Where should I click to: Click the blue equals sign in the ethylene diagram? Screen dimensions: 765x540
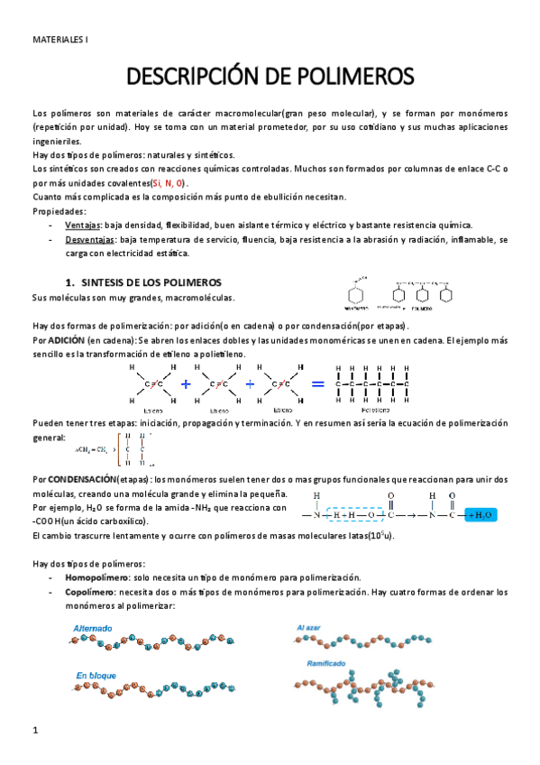(317, 384)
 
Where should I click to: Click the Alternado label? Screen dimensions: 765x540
(94, 626)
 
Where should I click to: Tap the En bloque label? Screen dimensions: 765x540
(95, 674)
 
